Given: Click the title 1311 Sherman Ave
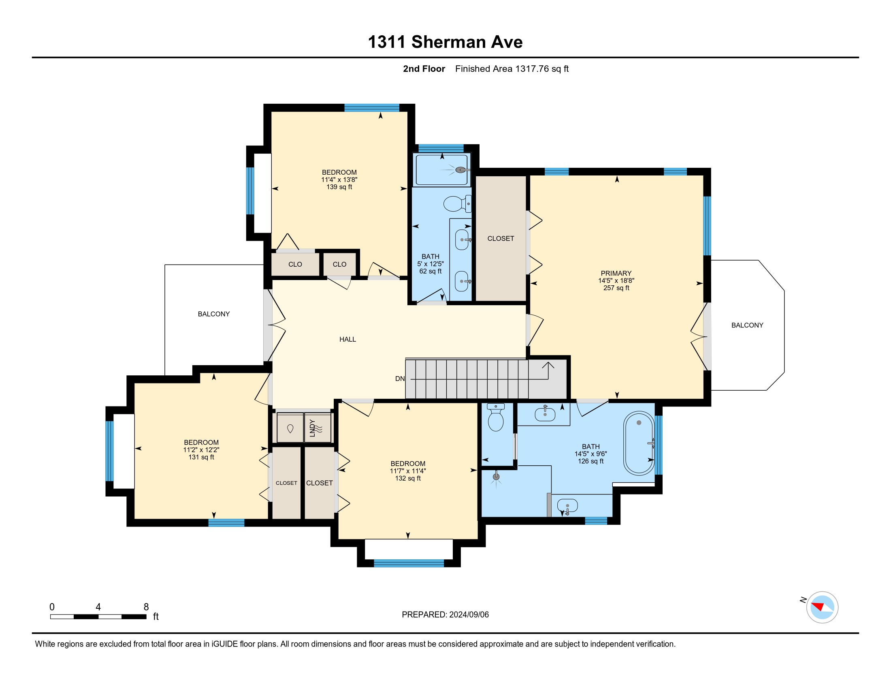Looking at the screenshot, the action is pyautogui.click(x=445, y=42).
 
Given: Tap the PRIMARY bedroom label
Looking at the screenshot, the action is pyautogui.click(x=616, y=273).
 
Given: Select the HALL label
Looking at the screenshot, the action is pyautogui.click(x=347, y=339).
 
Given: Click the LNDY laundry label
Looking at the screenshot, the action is pyautogui.click(x=313, y=428).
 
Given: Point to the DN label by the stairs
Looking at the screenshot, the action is pyautogui.click(x=400, y=379).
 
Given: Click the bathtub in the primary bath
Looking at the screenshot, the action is pyautogui.click(x=639, y=443).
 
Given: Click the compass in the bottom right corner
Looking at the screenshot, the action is pyautogui.click(x=822, y=608).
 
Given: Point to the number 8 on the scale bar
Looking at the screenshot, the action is pyautogui.click(x=146, y=607).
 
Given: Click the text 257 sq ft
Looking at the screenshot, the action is pyautogui.click(x=616, y=288).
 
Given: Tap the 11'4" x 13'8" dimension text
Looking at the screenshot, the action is pyautogui.click(x=339, y=180).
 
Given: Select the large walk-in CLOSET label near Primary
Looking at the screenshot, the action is pyautogui.click(x=501, y=238).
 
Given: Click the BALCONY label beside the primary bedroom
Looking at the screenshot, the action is pyautogui.click(x=747, y=325).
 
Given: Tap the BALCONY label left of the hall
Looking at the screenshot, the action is pyautogui.click(x=214, y=314).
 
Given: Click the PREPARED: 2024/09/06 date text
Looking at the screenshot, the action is pyautogui.click(x=445, y=615).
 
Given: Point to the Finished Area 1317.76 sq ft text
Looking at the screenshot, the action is pyautogui.click(x=512, y=69).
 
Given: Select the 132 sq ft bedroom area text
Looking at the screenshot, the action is pyautogui.click(x=407, y=478).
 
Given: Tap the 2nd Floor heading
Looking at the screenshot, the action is pyautogui.click(x=424, y=69).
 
